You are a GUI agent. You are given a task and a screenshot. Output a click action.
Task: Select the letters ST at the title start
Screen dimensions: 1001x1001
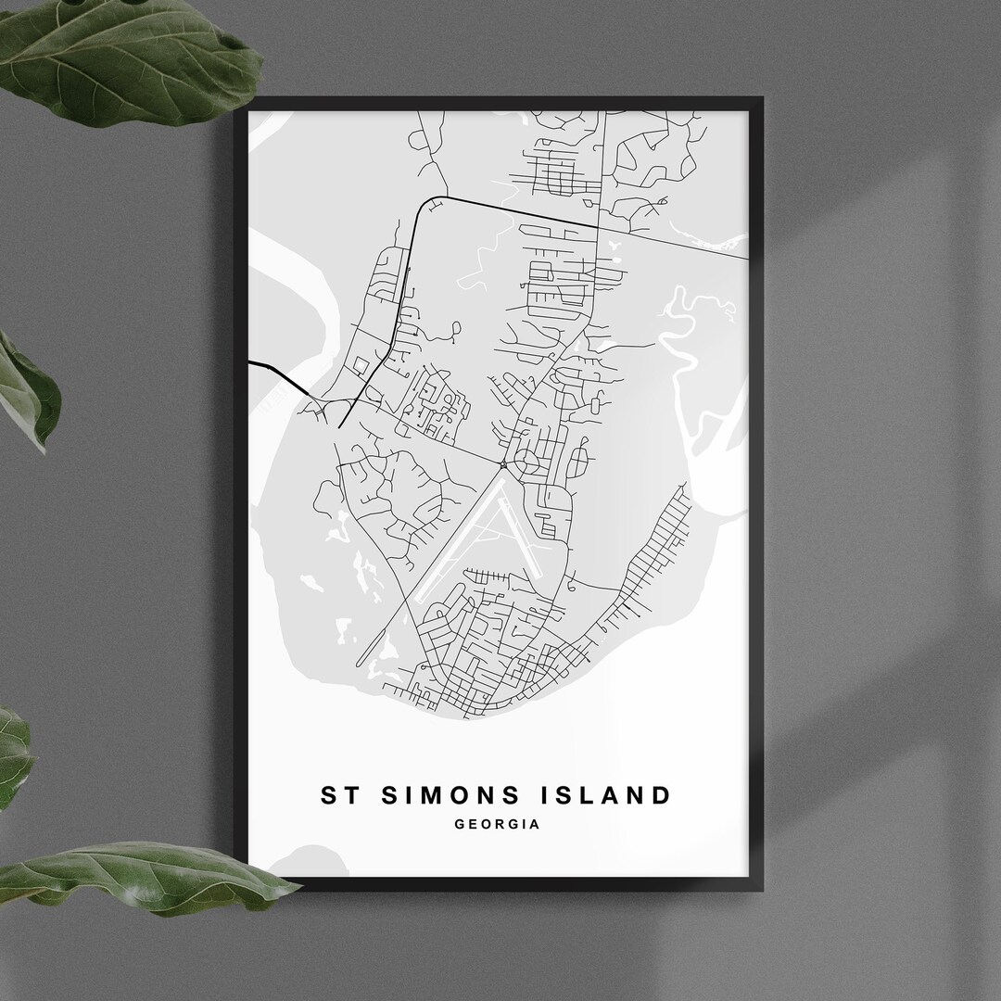coord(336,795)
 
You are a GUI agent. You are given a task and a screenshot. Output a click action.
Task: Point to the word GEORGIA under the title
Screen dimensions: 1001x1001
coord(497,823)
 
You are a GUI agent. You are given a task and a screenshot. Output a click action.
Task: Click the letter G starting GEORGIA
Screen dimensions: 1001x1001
coord(460,823)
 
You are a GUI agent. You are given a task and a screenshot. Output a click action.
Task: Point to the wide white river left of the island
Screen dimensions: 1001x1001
coord(297,287)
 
